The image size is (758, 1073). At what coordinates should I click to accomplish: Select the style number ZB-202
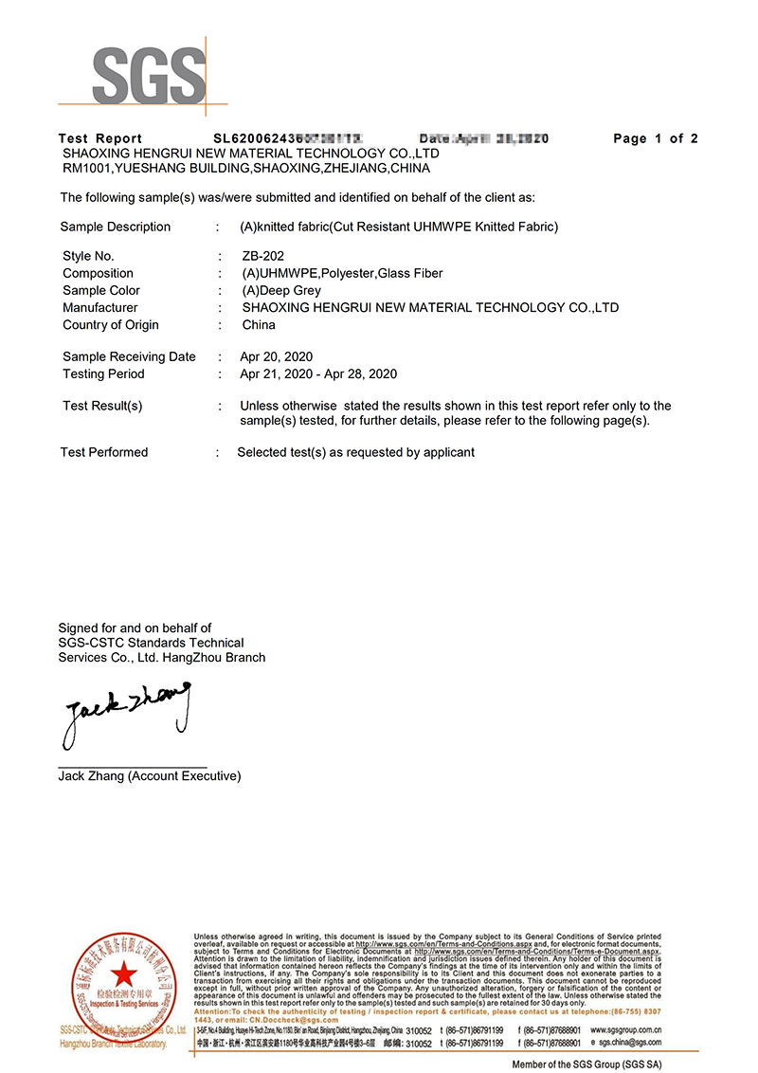coord(262,256)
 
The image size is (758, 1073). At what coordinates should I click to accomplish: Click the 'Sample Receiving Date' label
coord(129,356)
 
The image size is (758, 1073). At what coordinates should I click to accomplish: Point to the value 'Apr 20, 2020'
coord(276,356)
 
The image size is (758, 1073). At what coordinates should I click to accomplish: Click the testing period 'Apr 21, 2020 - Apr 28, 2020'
coord(318,373)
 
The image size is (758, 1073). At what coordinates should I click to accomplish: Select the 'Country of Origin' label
coord(111,324)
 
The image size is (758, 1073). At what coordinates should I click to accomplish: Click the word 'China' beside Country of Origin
coord(259,324)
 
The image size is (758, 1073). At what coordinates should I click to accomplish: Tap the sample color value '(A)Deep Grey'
coord(281,290)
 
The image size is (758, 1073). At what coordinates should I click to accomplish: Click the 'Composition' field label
coord(98,273)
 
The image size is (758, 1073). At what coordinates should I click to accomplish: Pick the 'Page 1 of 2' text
coord(656,138)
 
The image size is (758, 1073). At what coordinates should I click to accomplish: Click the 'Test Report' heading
coord(100,138)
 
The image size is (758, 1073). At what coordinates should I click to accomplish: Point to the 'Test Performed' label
coord(104,452)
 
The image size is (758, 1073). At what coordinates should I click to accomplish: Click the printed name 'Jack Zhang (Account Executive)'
coord(150,775)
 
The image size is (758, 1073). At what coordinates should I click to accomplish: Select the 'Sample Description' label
coord(116,227)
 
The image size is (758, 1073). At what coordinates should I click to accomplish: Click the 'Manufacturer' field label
coord(100,307)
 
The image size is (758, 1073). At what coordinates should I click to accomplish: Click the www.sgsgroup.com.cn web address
coord(625,1029)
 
